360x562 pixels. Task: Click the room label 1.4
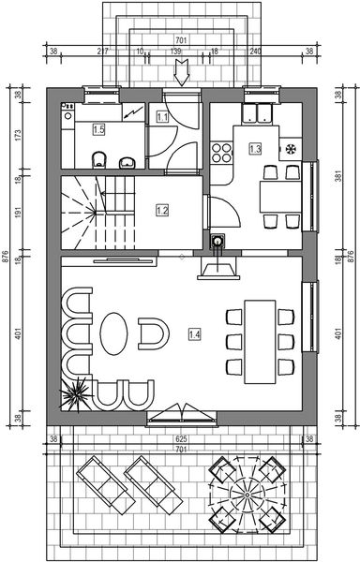tap(194, 333)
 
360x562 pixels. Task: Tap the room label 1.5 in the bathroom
tap(98, 129)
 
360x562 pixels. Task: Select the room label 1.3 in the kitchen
tap(254, 148)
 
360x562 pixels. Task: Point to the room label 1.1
tap(162, 117)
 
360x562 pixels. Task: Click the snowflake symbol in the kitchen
tap(290, 148)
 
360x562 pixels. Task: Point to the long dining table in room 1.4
tap(260, 342)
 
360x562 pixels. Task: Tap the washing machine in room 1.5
tap(69, 122)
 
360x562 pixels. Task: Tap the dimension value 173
tap(20, 135)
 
